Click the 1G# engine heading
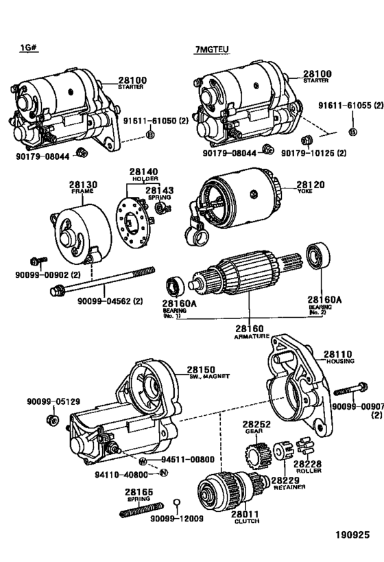[x=29, y=47]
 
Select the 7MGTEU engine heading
[x=212, y=49]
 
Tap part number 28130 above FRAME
[x=83, y=185]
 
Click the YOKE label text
[x=304, y=191]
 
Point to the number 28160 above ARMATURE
[x=250, y=328]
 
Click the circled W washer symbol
[x=143, y=460]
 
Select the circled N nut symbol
[x=163, y=473]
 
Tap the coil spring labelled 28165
[x=141, y=511]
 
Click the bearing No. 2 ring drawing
[x=318, y=255]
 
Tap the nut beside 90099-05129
[x=53, y=419]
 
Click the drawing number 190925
[x=352, y=535]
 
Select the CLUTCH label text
[x=247, y=521]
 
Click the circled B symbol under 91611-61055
[x=352, y=132]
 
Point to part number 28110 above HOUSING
[x=338, y=354]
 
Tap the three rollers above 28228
[x=305, y=446]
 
